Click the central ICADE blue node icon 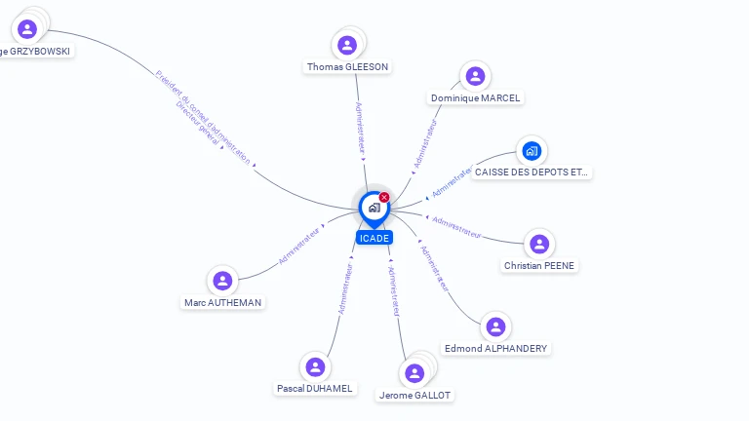tap(374, 208)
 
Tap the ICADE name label tap(374, 238)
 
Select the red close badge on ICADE tap(384, 197)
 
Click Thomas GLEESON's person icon tap(346, 45)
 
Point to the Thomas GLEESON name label tap(347, 67)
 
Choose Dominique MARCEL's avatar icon tap(475, 76)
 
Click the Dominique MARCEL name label tap(476, 97)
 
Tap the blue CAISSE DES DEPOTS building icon tap(532, 150)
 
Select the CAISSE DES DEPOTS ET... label tap(532, 172)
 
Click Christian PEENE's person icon tap(539, 244)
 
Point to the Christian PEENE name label tap(539, 265)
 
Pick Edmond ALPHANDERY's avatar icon tap(495, 326)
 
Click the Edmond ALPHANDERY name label tap(495, 348)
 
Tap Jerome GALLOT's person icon tap(414, 373)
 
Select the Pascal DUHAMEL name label tap(314, 388)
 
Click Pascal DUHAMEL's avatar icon tap(314, 366)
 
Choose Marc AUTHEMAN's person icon tap(222, 281)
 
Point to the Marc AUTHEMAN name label tap(222, 302)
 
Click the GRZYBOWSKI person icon tap(27, 29)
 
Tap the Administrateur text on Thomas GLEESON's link tap(360, 127)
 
